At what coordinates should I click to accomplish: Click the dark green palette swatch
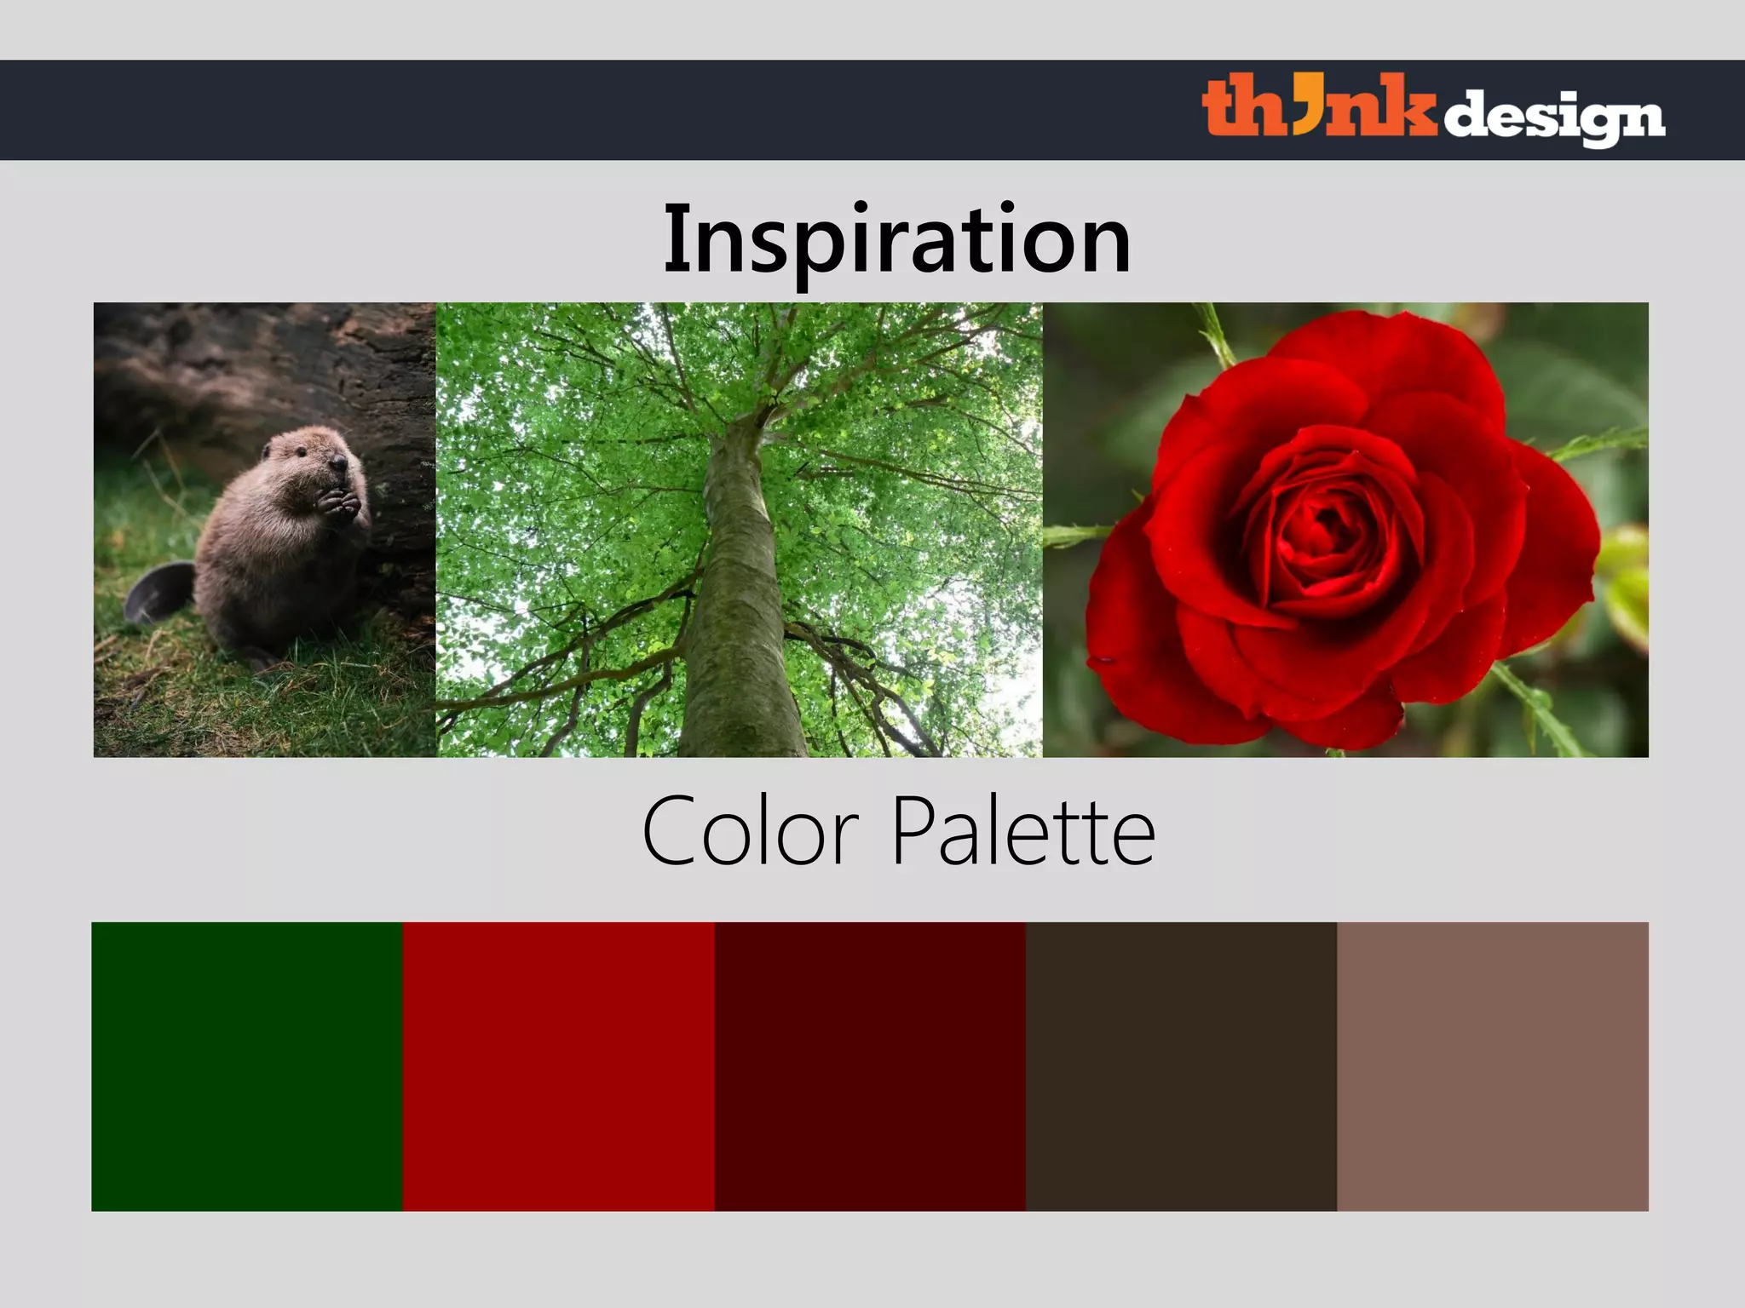pyautogui.click(x=247, y=1066)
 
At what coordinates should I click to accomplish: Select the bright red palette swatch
pyautogui.click(x=558, y=1066)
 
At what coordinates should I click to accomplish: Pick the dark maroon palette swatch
pyautogui.click(x=870, y=1066)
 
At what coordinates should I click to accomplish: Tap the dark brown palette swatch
pyautogui.click(x=1181, y=1066)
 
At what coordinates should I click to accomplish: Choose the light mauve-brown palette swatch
pyautogui.click(x=1493, y=1066)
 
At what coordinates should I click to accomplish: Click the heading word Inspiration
pyautogui.click(x=897, y=241)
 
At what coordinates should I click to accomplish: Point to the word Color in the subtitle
pyautogui.click(x=751, y=831)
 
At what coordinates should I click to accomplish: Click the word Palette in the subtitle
pyautogui.click(x=1023, y=831)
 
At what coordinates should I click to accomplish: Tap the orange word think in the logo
pyautogui.click(x=1318, y=106)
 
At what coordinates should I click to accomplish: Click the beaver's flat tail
pyautogui.click(x=158, y=593)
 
